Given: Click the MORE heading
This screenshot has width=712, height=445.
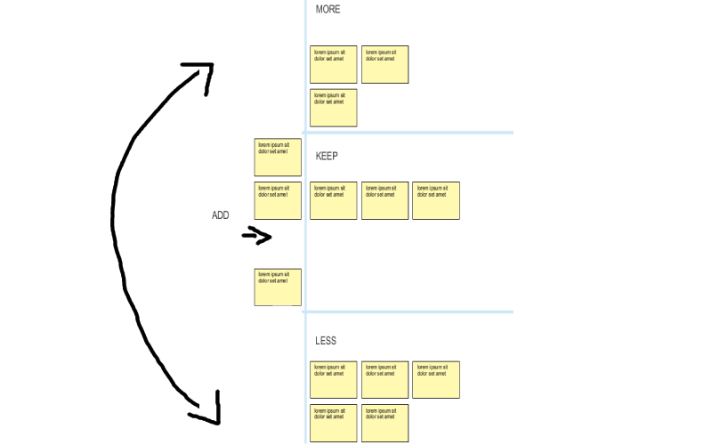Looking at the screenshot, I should click(x=328, y=10).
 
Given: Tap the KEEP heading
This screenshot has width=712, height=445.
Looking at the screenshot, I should click(x=327, y=157).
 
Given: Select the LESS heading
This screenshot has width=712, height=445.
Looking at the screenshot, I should click(x=326, y=341).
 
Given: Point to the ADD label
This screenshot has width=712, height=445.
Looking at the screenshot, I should click(x=220, y=215).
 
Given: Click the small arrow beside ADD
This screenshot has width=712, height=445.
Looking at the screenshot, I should click(x=257, y=236).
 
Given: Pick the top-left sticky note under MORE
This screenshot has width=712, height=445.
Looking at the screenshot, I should click(x=334, y=65).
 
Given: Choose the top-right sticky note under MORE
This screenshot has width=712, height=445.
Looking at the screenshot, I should click(x=384, y=65).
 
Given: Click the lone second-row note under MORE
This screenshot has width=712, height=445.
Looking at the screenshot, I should click(x=334, y=108).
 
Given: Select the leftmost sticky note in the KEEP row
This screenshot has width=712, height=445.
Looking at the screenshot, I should click(x=334, y=200).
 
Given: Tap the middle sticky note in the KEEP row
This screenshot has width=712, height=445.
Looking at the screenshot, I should click(x=384, y=200).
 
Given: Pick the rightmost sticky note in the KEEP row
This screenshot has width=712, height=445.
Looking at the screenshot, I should click(x=436, y=200).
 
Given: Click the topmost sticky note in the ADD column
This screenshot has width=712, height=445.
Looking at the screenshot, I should click(x=278, y=158).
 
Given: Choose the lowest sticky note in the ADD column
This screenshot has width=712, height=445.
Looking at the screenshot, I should click(x=278, y=287).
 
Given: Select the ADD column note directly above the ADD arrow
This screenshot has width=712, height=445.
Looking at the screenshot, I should click(x=278, y=200).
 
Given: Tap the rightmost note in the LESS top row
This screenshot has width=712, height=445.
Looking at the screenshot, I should click(x=436, y=380).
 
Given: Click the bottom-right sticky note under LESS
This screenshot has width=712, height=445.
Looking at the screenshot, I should click(x=384, y=423).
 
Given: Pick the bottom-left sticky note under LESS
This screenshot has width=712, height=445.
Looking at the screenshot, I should click(x=334, y=423).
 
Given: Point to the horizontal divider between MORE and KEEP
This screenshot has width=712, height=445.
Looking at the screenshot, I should click(x=409, y=133).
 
